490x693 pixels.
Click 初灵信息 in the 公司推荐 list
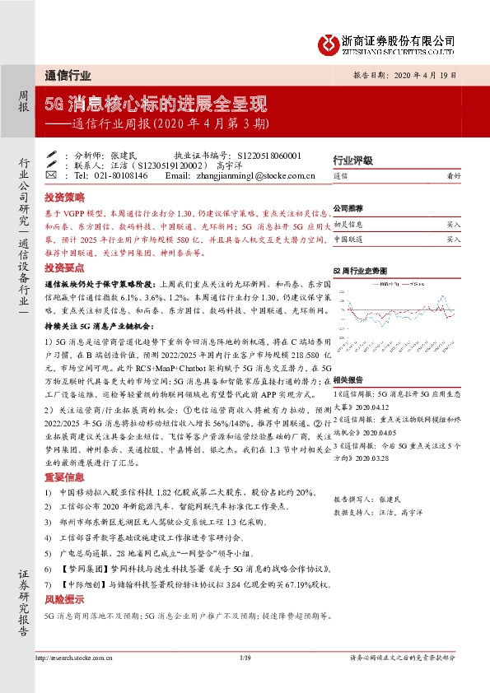click(x=348, y=224)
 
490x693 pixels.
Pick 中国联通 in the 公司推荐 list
click(x=348, y=239)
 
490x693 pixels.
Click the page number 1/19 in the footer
click(x=245, y=657)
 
